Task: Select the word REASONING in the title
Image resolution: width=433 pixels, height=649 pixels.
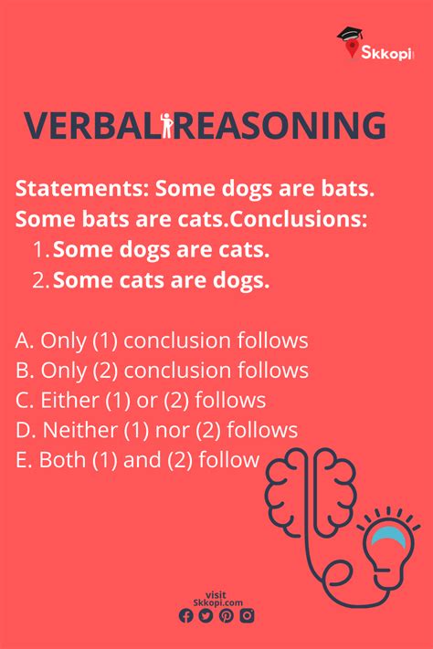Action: click(279, 125)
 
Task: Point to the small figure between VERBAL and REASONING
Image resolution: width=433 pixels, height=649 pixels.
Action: click(166, 124)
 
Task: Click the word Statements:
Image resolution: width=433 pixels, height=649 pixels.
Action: click(82, 189)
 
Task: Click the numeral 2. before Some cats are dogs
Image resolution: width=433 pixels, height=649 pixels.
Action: click(40, 280)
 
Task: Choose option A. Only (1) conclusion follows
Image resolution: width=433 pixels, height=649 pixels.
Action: click(162, 340)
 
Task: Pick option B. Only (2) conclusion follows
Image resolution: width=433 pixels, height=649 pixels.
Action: click(162, 370)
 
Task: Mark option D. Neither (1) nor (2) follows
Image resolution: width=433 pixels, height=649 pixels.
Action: click(156, 430)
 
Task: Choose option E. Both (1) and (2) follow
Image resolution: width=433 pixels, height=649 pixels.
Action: click(137, 459)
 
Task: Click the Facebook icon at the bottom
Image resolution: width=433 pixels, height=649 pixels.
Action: click(186, 615)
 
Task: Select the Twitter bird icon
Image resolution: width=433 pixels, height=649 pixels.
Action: click(206, 615)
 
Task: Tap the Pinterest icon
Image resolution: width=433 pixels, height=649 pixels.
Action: click(227, 615)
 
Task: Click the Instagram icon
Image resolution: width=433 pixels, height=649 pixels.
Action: click(247, 615)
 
